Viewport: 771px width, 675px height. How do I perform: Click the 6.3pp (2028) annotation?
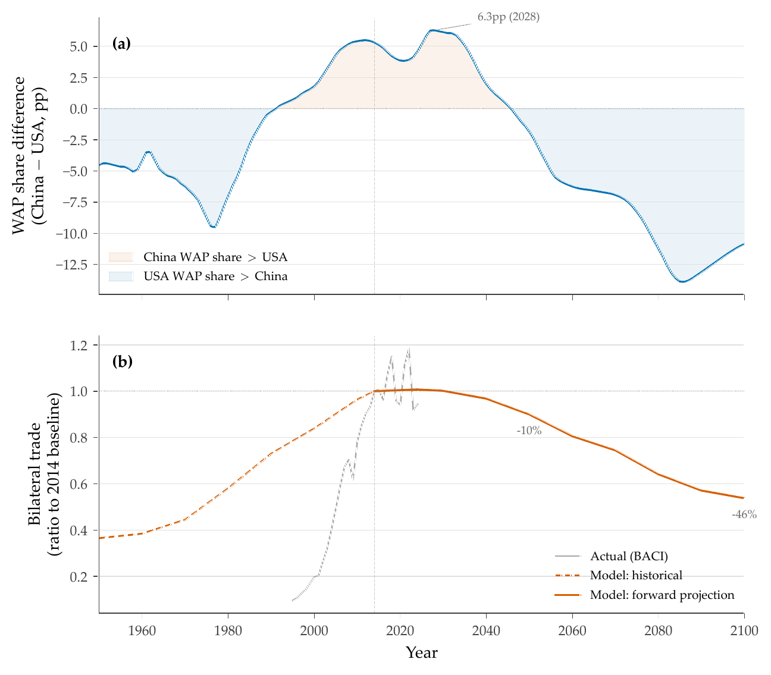pyautogui.click(x=508, y=17)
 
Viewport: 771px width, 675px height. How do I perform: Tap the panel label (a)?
pyautogui.click(x=121, y=43)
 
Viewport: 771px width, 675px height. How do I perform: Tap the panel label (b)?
pyautogui.click(x=122, y=362)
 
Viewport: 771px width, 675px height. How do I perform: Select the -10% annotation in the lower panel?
pyautogui.click(x=529, y=431)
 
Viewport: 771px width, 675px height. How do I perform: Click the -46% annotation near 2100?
pyautogui.click(x=744, y=515)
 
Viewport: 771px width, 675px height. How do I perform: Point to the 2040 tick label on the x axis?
pyautogui.click(x=486, y=631)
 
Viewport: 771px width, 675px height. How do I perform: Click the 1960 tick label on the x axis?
pyautogui.click(x=142, y=631)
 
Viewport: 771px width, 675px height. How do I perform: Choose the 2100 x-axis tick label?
pyautogui.click(x=744, y=631)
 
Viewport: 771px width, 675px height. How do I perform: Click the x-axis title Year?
pyautogui.click(x=421, y=653)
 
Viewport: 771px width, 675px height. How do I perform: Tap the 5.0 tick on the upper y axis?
pyautogui.click(x=79, y=46)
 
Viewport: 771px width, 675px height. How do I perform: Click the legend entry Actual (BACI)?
pyautogui.click(x=629, y=557)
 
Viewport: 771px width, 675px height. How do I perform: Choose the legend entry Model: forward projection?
pyautogui.click(x=662, y=595)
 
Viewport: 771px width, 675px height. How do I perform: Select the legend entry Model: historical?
pyautogui.click(x=636, y=576)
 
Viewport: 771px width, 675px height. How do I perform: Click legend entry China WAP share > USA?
pyautogui.click(x=215, y=258)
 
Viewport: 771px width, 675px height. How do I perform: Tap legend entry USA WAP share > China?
pyautogui.click(x=215, y=277)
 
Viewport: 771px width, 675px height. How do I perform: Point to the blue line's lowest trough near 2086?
pyautogui.click(x=682, y=282)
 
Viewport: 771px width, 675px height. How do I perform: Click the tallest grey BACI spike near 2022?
pyautogui.click(x=409, y=349)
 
